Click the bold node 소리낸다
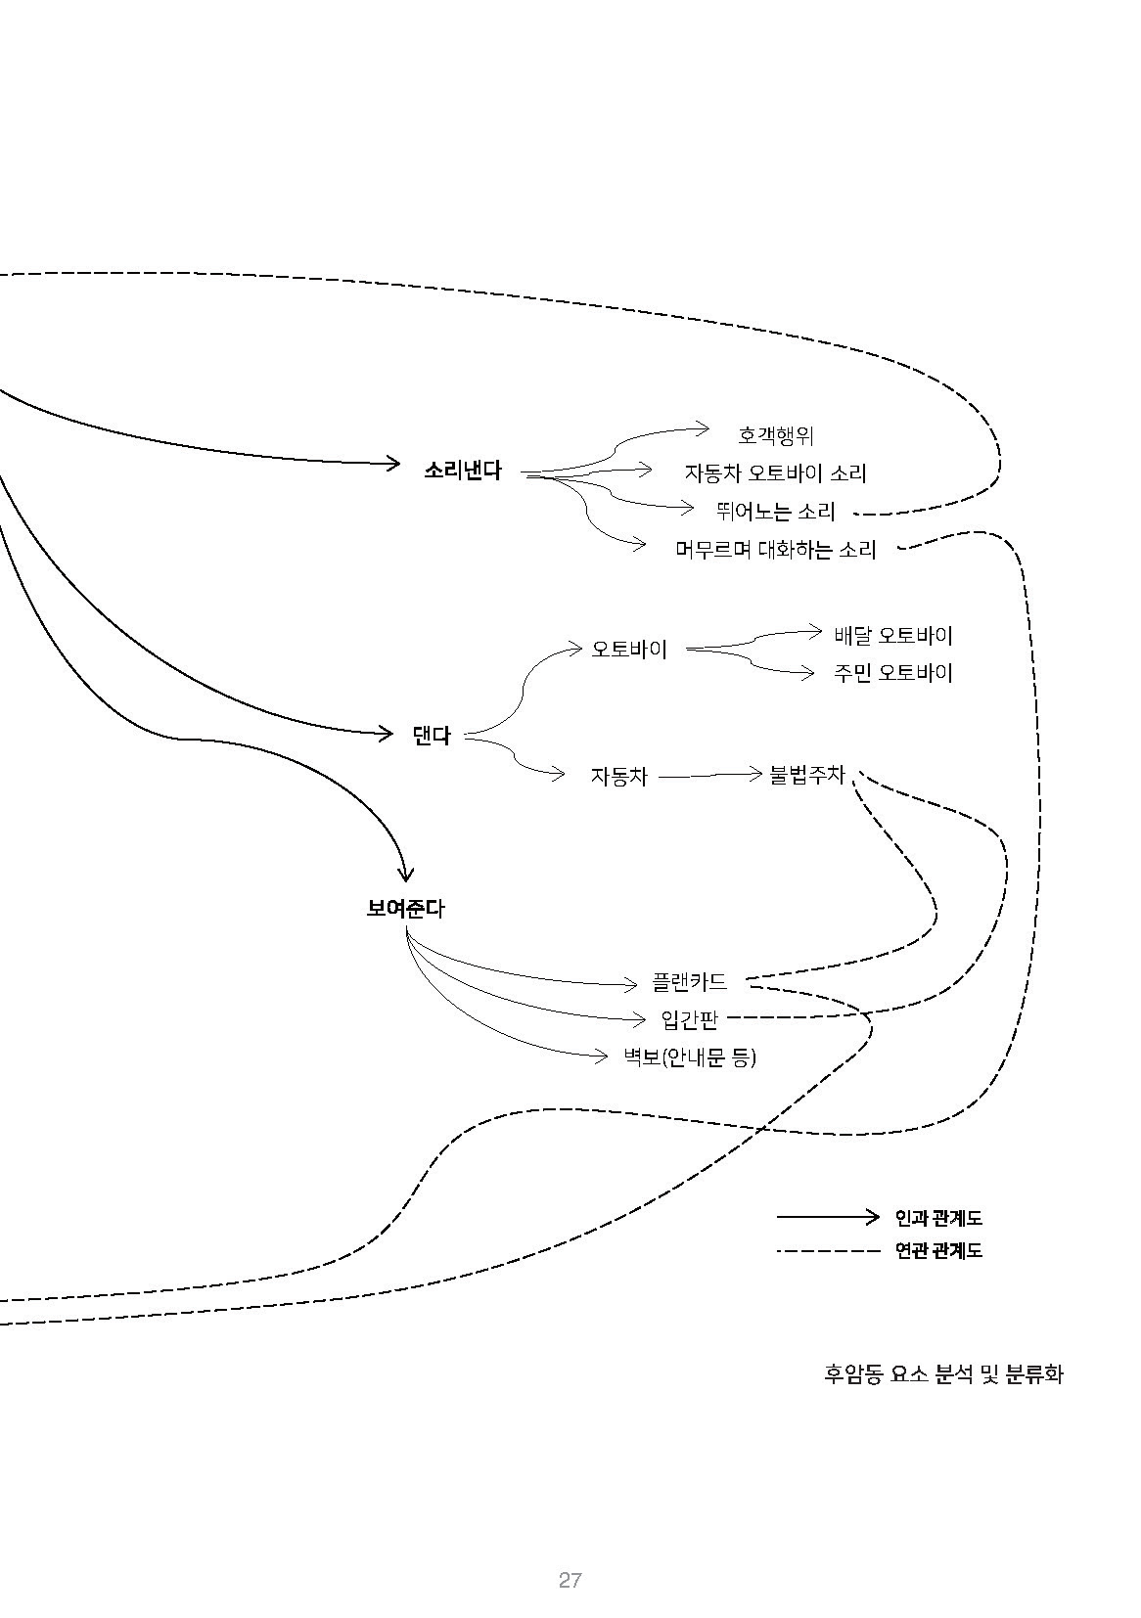(462, 471)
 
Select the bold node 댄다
(431, 736)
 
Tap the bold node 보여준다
(404, 909)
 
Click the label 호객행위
(775, 435)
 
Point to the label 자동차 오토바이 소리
(775, 473)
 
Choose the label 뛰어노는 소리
(775, 512)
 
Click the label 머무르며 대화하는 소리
(775, 550)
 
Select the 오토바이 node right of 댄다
(629, 649)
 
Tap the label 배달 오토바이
(892, 635)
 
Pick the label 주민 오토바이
(892, 673)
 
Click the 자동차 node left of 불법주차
(618, 777)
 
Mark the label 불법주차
(806, 775)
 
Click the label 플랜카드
(690, 981)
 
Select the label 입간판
(690, 1019)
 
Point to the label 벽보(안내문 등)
(690, 1057)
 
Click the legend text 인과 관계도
(937, 1218)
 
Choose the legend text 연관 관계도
(937, 1250)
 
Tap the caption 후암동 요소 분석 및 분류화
(942, 1374)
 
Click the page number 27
(570, 1580)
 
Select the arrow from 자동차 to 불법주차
(709, 776)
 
